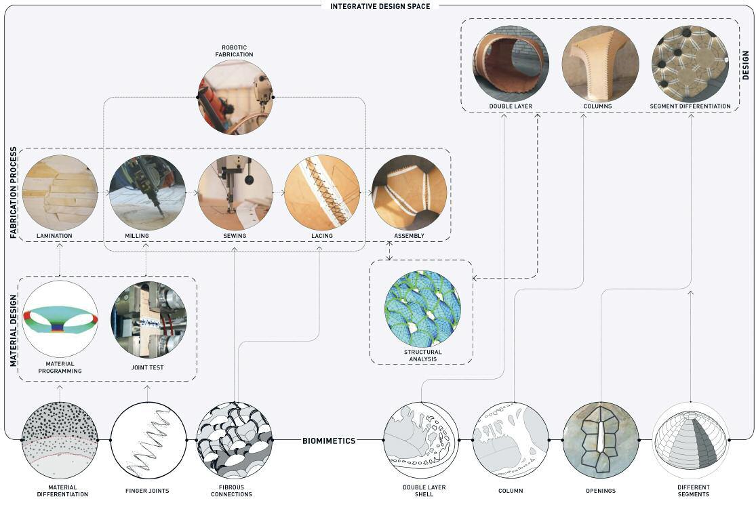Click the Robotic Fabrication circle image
tap(235, 97)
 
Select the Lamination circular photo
tap(60, 193)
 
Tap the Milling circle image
tap(147, 193)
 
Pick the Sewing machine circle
tap(235, 193)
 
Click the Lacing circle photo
tap(322, 193)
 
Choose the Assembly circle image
tap(409, 193)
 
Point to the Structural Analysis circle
tap(422, 308)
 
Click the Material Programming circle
tap(60, 319)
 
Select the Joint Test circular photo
tap(148, 319)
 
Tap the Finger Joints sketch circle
tap(148, 440)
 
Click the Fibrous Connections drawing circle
tap(235, 440)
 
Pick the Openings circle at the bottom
tap(600, 440)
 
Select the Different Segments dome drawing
tap(690, 440)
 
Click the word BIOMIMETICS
tap(329, 441)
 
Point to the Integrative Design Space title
tap(380, 6)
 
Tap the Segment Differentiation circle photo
tap(690, 64)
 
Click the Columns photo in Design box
tap(600, 64)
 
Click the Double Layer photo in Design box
tap(511, 64)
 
